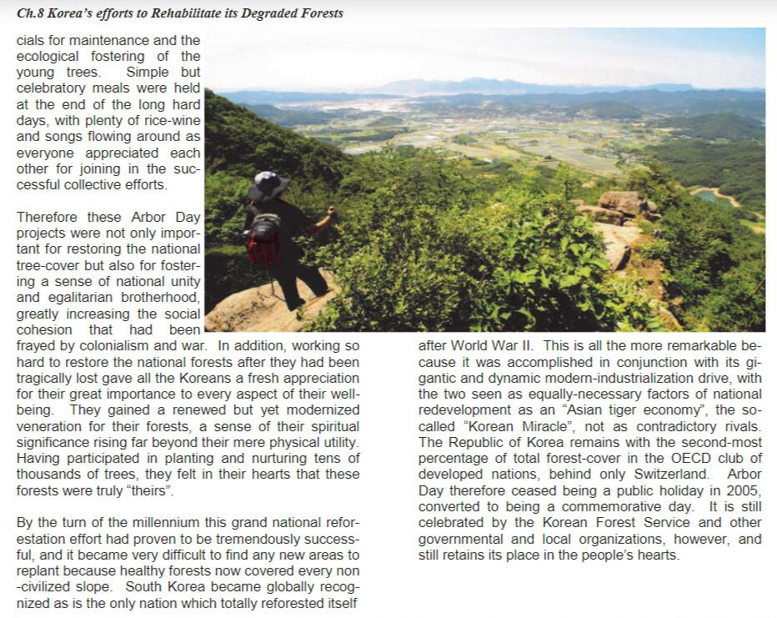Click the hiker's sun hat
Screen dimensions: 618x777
coord(268,184)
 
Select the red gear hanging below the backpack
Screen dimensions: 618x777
coord(264,249)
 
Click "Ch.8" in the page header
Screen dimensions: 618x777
coord(33,13)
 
